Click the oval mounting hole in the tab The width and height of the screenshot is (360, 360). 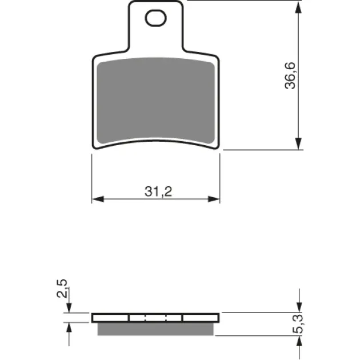pyautogui.click(x=155, y=18)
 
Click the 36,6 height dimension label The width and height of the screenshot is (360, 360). pyautogui.click(x=290, y=75)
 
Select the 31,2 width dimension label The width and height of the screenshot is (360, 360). pyautogui.click(x=158, y=191)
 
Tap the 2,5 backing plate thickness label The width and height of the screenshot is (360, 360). pyautogui.click(x=62, y=289)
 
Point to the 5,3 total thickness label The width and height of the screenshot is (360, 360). pyautogui.click(x=298, y=324)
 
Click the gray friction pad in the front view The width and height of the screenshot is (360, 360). pyautogui.click(x=155, y=101)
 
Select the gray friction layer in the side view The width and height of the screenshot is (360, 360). pyautogui.click(x=155, y=329)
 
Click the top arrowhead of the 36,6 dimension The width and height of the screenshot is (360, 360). pyautogui.click(x=298, y=7)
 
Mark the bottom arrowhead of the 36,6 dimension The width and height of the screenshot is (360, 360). pyautogui.click(x=298, y=144)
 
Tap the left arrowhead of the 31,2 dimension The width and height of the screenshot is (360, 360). pyautogui.click(x=98, y=199)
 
